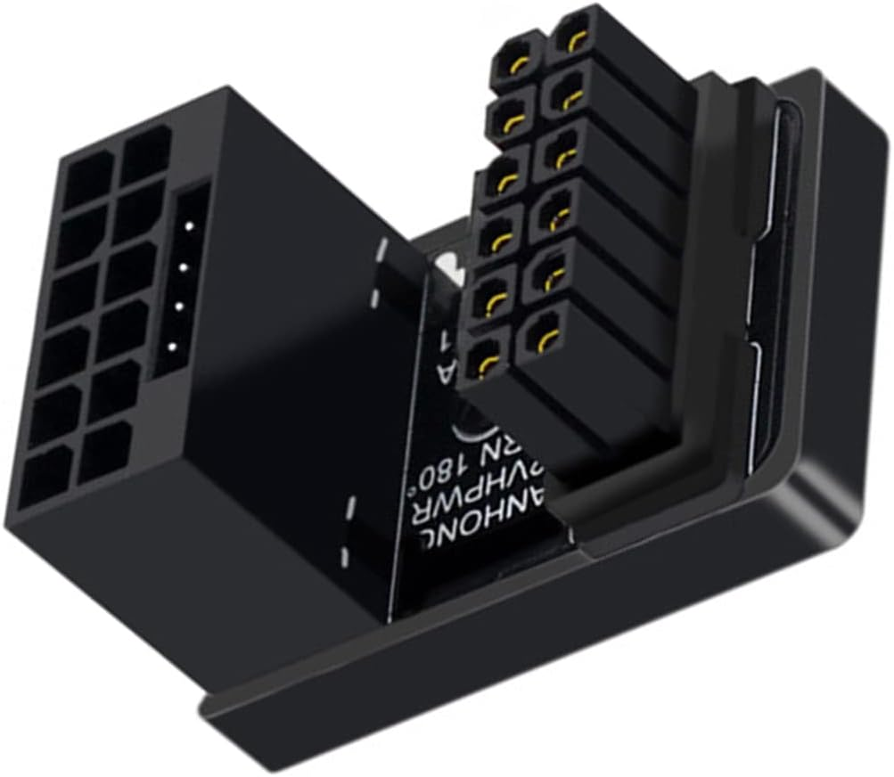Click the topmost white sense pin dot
[x=190, y=227]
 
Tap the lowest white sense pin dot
[x=172, y=347]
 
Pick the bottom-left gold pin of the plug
[x=487, y=364]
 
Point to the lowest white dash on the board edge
[x=342, y=560]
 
